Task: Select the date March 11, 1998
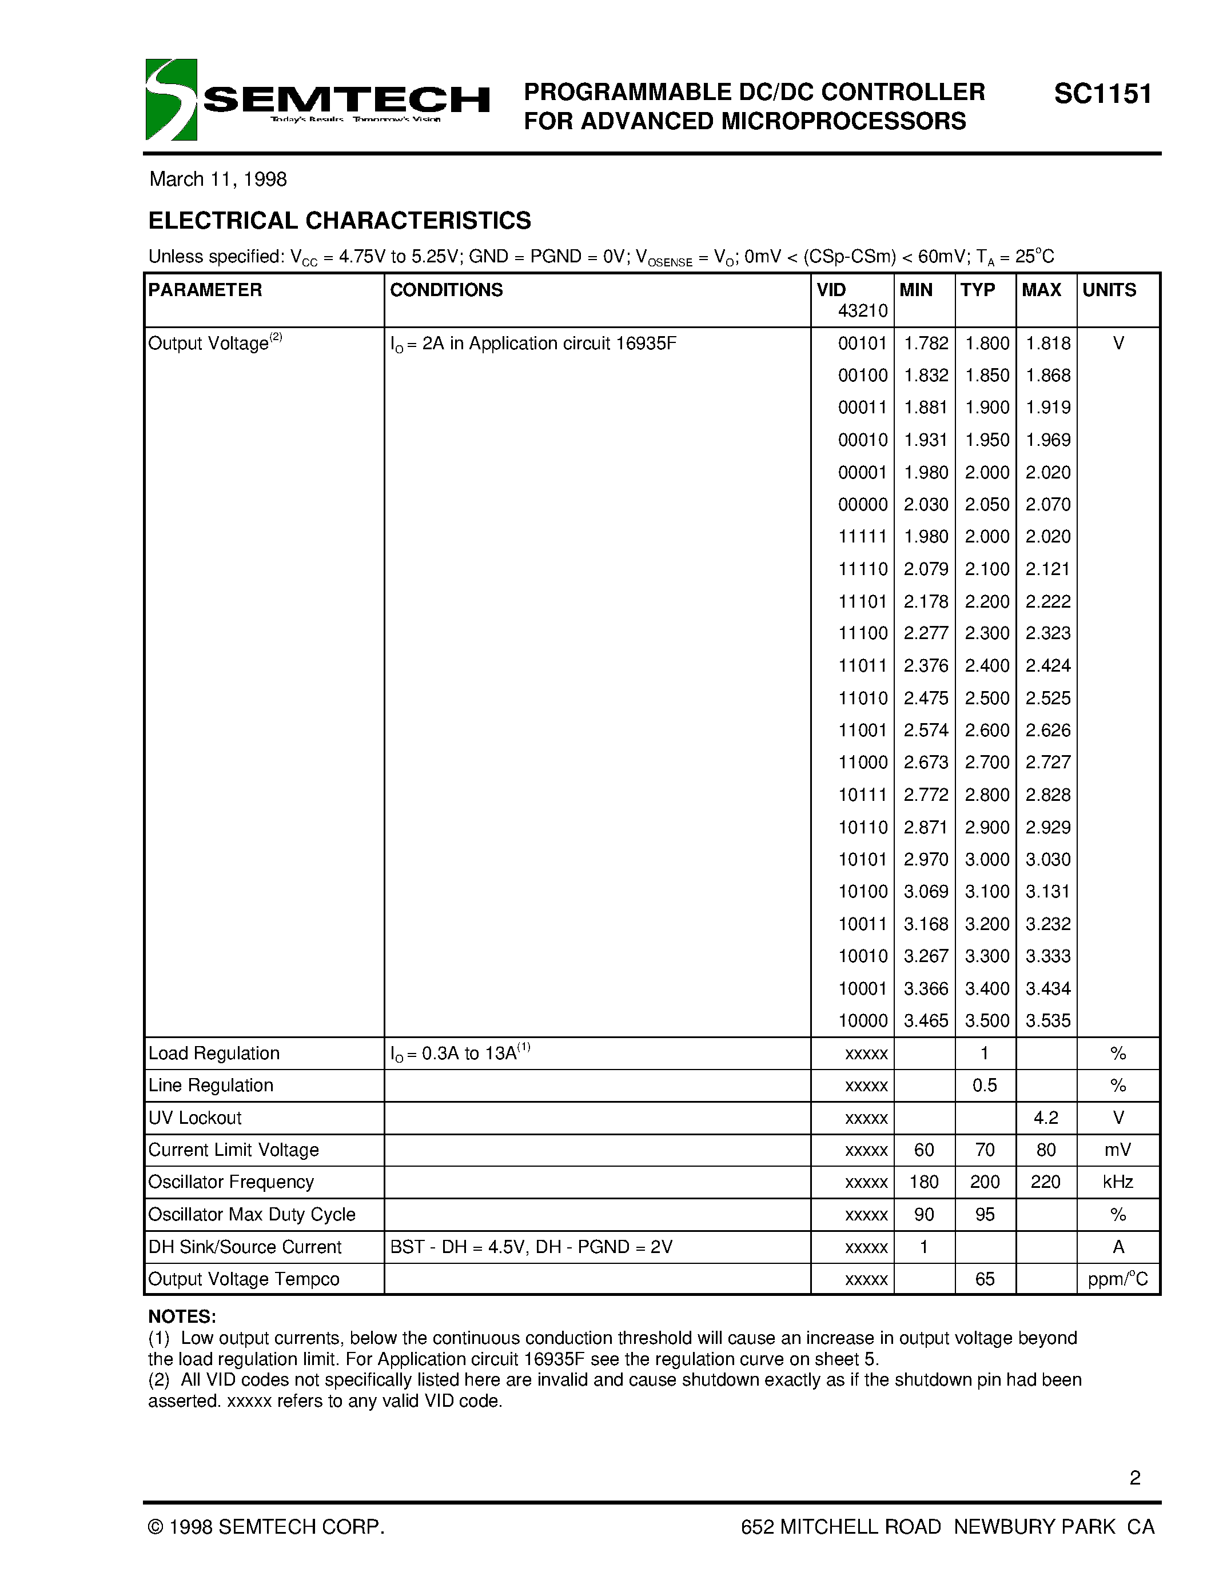[217, 179]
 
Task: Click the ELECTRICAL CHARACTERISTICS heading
[339, 220]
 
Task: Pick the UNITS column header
[1109, 290]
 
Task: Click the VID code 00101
[862, 344]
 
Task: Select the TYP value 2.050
[987, 505]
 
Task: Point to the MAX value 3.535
[1047, 1020]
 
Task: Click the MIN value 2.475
[926, 698]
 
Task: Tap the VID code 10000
[862, 1020]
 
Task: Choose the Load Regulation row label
[214, 1053]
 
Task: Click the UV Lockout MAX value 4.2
[1045, 1118]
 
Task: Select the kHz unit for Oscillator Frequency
[1117, 1182]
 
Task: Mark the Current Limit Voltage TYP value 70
[985, 1150]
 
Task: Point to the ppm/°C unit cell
[1117, 1279]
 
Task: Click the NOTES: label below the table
[182, 1316]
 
